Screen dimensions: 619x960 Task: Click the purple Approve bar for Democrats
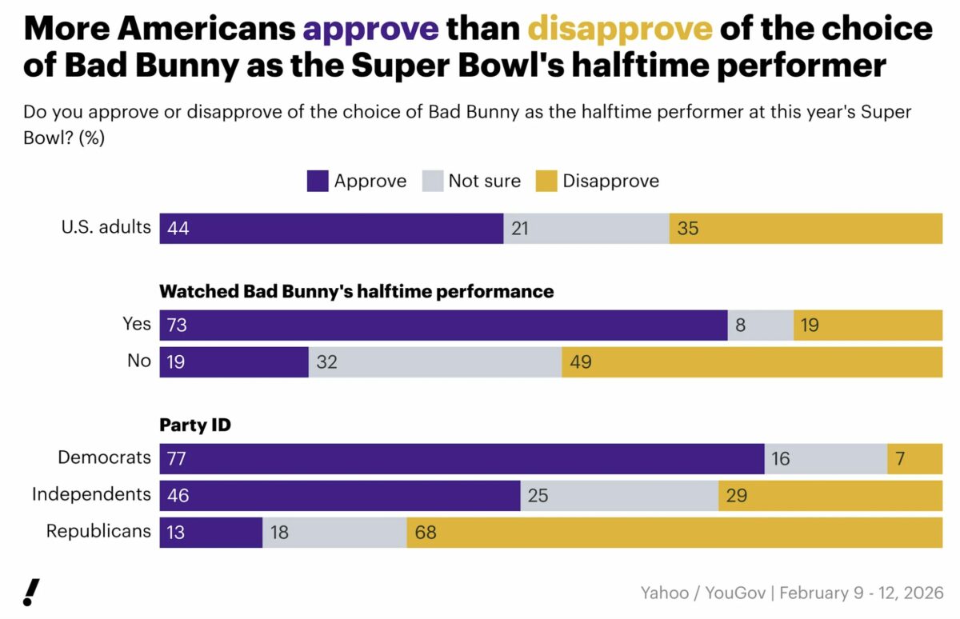point(462,458)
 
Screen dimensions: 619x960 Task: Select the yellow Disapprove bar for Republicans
point(674,533)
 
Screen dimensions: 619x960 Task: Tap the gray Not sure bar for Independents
point(619,496)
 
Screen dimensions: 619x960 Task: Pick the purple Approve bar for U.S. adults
point(331,229)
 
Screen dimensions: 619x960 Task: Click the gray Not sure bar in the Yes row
point(760,325)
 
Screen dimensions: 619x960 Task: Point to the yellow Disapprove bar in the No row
point(752,362)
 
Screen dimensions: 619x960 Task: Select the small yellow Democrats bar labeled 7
point(914,458)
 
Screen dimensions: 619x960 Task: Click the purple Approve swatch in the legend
point(318,181)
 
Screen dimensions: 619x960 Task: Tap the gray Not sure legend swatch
point(432,181)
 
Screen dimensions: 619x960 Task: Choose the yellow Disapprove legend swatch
point(546,181)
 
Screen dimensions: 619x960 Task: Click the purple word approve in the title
point(370,30)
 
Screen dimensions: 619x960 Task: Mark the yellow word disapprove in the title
point(619,30)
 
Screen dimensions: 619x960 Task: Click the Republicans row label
point(98,531)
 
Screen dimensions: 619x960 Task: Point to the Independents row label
point(91,494)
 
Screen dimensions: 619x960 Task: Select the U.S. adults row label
point(106,227)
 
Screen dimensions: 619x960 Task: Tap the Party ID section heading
point(195,425)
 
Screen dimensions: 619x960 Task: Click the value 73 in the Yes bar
point(177,325)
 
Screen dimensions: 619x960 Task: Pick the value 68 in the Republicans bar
point(426,533)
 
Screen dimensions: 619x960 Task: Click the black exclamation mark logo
point(31,591)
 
